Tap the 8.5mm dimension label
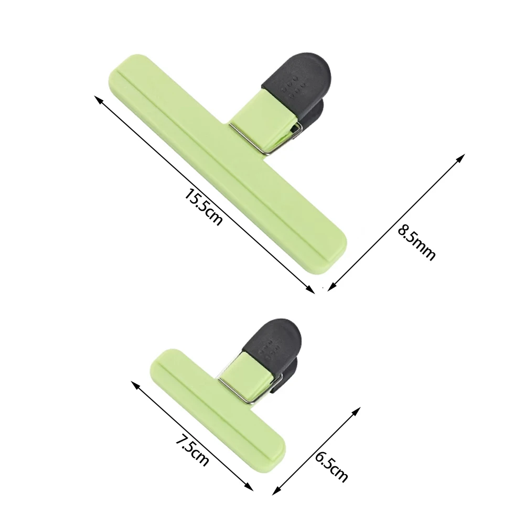(x=416, y=242)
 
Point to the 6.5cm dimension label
(x=331, y=466)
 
